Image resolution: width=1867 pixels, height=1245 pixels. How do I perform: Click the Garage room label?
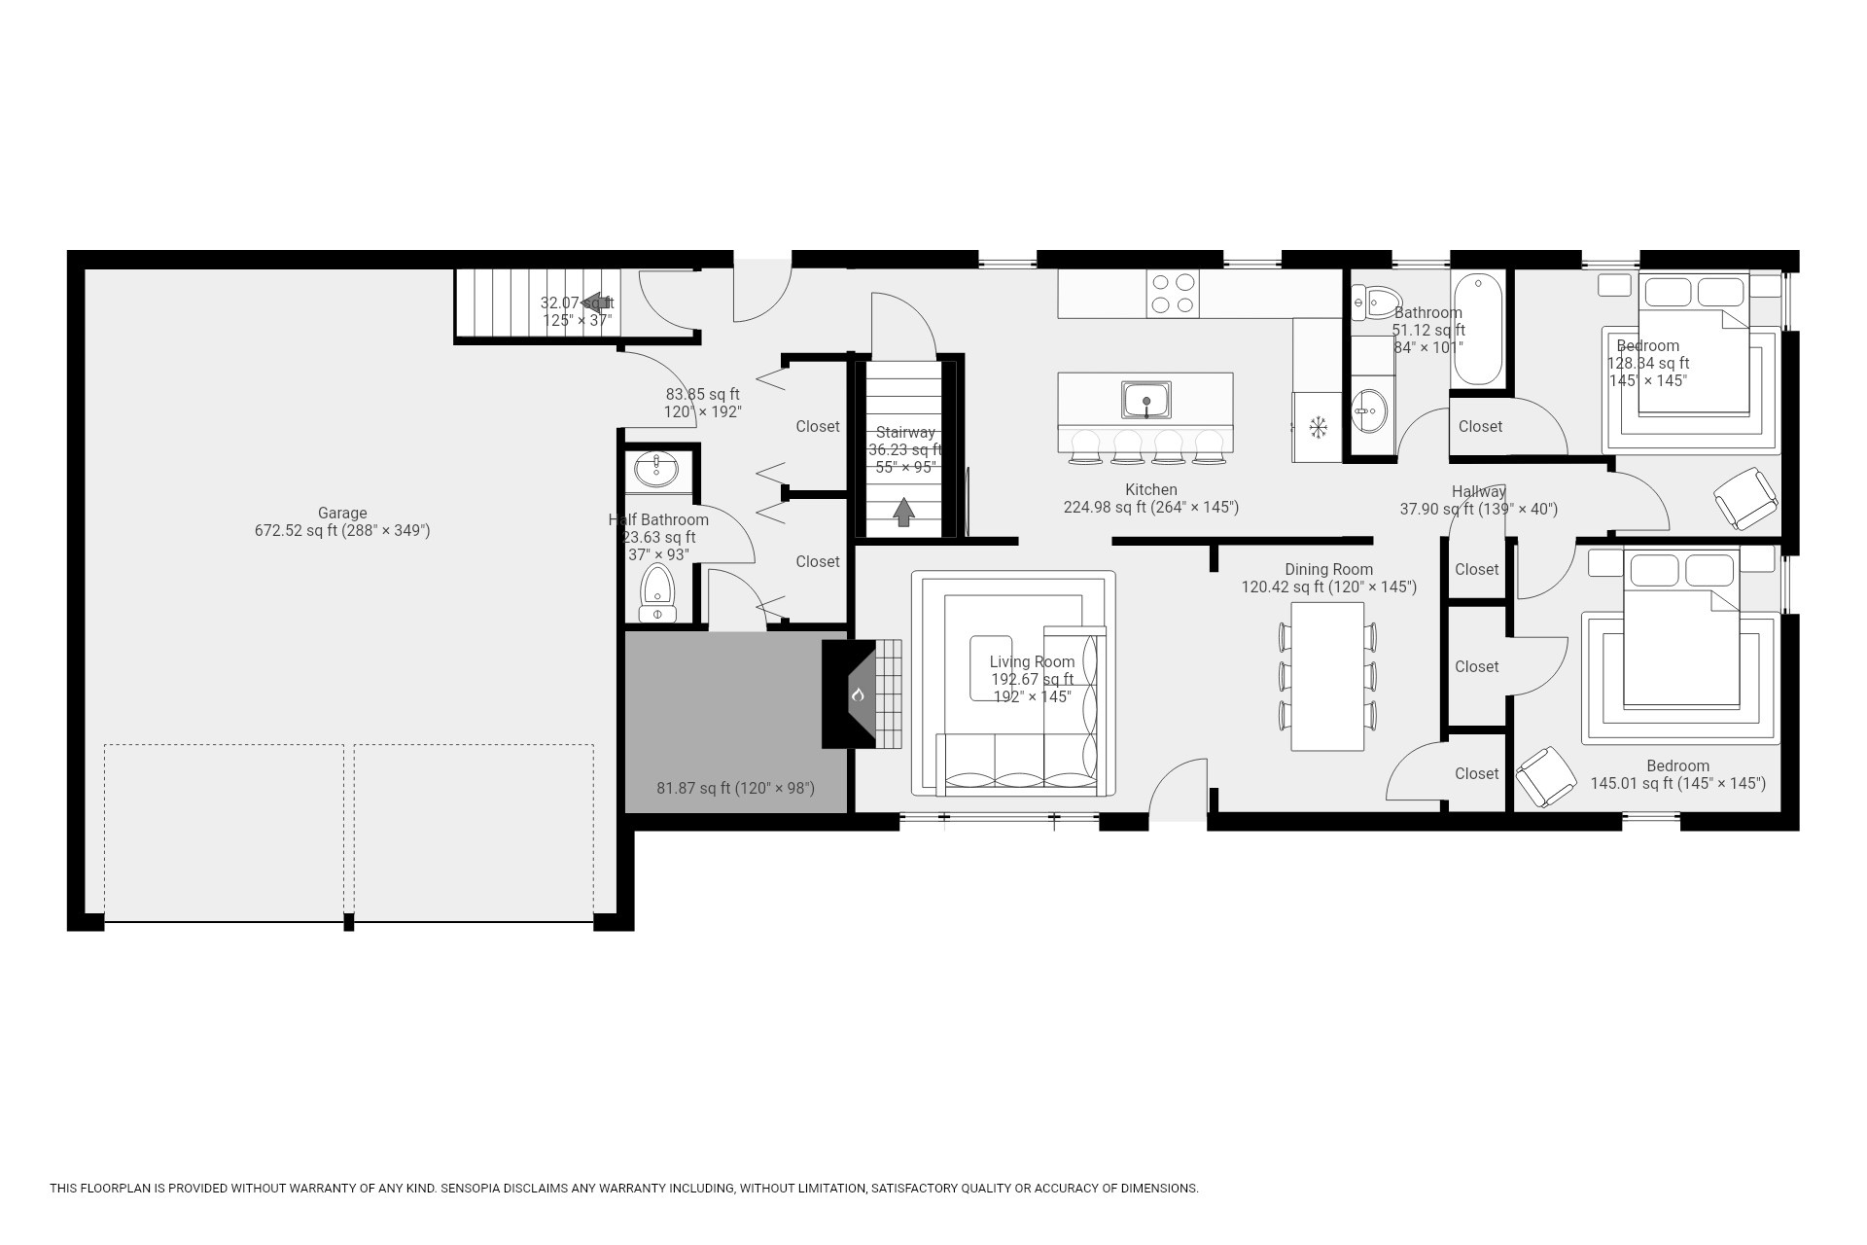[x=342, y=513]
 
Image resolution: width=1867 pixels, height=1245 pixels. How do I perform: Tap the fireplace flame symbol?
[x=858, y=694]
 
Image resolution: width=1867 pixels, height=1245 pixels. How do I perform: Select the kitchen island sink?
[x=1146, y=401]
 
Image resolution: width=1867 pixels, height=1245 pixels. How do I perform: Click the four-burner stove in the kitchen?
[x=1172, y=293]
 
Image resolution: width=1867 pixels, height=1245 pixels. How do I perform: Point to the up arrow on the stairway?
[x=904, y=512]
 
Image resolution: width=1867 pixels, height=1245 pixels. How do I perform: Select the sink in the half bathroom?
[x=657, y=470]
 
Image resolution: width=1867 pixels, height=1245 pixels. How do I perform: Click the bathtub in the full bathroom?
[x=1478, y=330]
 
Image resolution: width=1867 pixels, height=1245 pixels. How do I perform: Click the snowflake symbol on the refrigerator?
[x=1319, y=426]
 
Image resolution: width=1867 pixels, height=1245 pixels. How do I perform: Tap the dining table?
[x=1327, y=676]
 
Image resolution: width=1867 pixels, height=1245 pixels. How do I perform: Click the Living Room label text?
[x=1032, y=661]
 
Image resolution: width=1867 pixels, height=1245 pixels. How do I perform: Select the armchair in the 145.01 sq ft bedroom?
[x=1545, y=776]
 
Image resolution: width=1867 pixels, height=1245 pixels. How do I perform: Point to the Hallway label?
[x=1478, y=491]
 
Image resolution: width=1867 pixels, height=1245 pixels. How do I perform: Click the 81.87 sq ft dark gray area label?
[x=735, y=788]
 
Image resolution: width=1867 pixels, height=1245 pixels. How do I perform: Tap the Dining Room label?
[x=1328, y=569]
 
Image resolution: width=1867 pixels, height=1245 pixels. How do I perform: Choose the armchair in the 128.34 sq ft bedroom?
[x=1745, y=498]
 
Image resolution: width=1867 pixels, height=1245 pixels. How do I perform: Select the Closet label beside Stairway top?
[x=817, y=426]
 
